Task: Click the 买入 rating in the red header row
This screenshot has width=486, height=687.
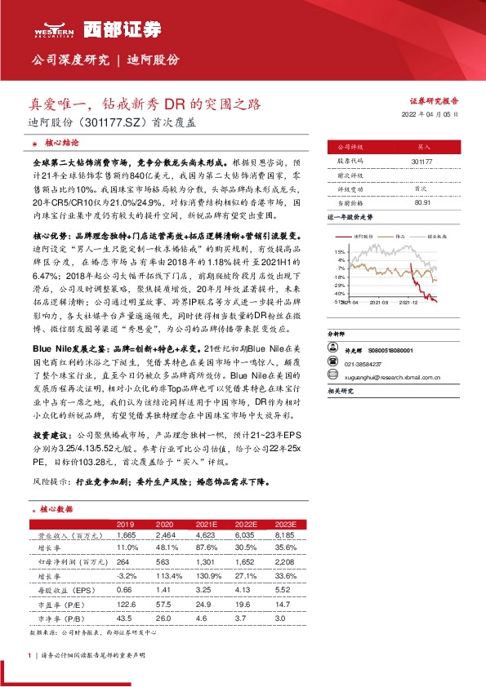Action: point(423,148)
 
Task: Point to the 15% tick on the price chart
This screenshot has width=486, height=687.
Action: point(339,252)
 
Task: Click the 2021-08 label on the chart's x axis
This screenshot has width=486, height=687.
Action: point(377,302)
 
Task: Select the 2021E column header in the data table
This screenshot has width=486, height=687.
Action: point(202,523)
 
